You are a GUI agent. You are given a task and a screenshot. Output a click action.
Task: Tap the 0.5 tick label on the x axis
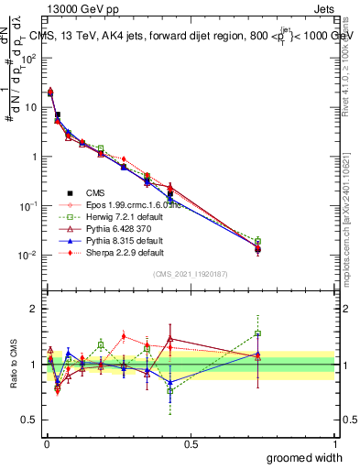pyautogui.click(x=191, y=442)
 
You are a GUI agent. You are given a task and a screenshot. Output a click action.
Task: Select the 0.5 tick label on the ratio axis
pyautogui.click(x=31, y=420)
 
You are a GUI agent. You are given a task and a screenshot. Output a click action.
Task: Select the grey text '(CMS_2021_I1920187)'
pyautogui.click(x=191, y=275)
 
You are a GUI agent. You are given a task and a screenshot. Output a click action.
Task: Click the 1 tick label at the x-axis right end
pyautogui.click(x=334, y=442)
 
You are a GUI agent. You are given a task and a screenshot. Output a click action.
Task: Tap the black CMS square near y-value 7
pyautogui.click(x=58, y=115)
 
